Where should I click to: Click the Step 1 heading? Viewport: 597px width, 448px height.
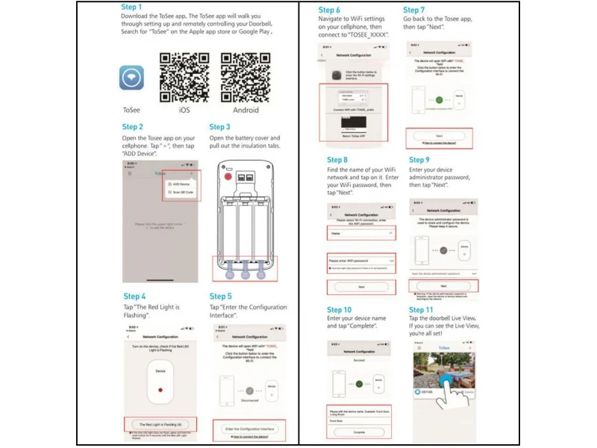click(x=132, y=7)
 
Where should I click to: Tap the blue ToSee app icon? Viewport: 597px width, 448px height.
click(x=131, y=78)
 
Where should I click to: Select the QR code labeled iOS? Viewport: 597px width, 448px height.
click(x=184, y=77)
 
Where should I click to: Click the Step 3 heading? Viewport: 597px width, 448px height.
click(x=220, y=128)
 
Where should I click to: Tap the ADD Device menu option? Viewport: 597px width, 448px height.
click(x=181, y=183)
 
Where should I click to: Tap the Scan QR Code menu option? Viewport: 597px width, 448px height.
click(x=181, y=192)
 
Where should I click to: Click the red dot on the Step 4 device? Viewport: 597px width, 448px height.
click(x=161, y=389)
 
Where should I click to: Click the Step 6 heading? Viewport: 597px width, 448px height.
click(x=330, y=10)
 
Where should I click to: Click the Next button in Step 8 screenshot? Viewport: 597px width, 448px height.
click(x=361, y=287)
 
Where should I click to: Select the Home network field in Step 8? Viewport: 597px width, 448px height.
click(x=361, y=233)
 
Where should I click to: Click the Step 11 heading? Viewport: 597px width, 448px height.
click(x=421, y=310)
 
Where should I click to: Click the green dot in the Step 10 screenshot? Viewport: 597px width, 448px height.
click(x=359, y=384)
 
